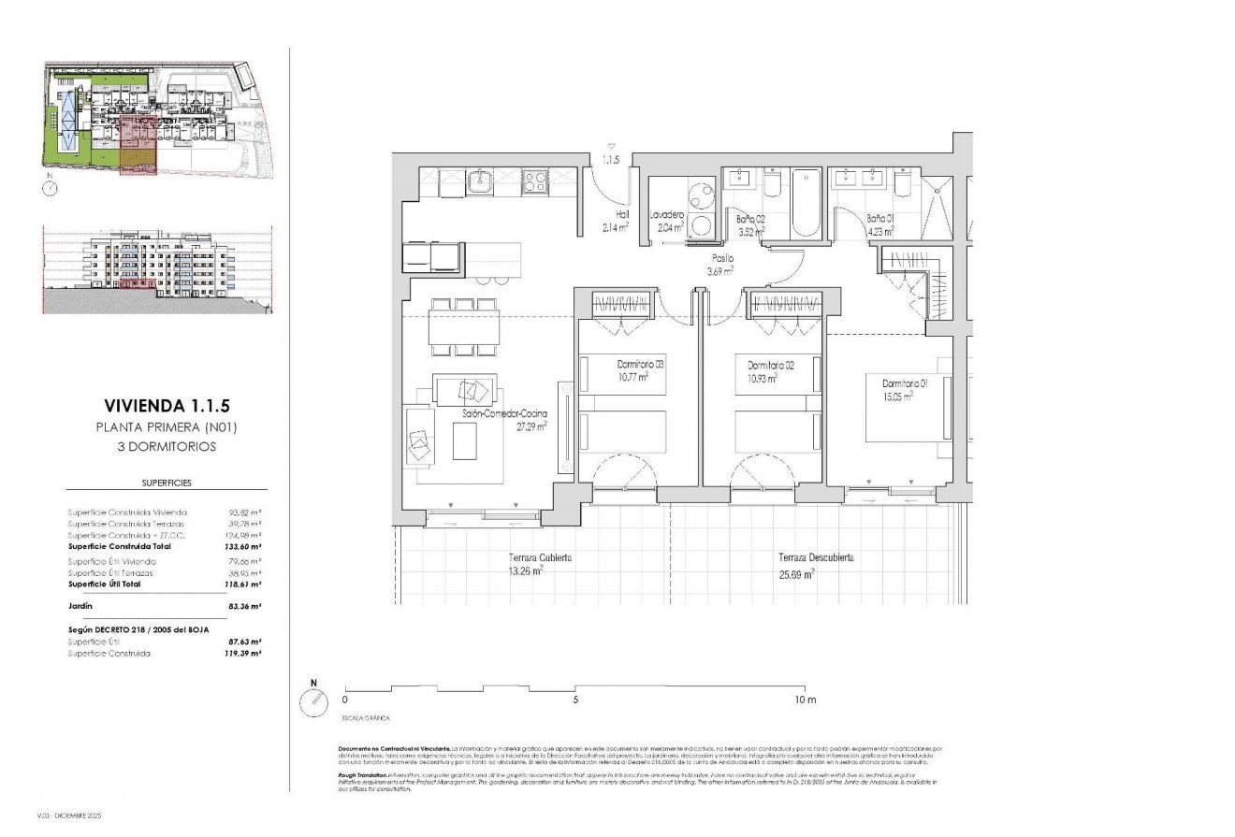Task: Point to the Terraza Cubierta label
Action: pos(540,557)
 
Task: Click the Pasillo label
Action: pos(720,258)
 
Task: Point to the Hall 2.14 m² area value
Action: pos(615,227)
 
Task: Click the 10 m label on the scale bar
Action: pos(806,700)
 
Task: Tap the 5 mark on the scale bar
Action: pos(575,700)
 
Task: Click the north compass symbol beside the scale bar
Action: pos(312,700)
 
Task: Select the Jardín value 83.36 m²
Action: pos(244,606)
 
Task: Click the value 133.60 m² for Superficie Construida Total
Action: pos(244,546)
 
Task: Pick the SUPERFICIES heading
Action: pos(166,484)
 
